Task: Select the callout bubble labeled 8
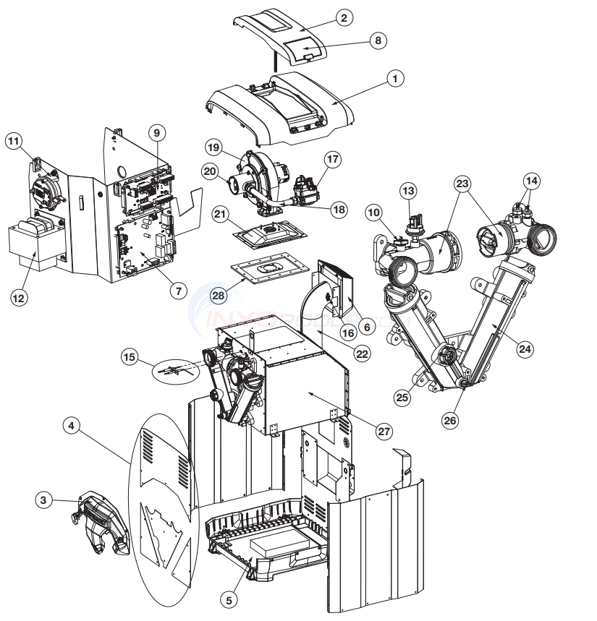click(377, 40)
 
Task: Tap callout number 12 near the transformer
click(20, 297)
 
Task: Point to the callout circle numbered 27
click(384, 431)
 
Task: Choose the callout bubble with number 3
click(44, 499)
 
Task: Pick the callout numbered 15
click(130, 356)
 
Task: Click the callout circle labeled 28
click(215, 296)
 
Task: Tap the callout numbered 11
click(14, 141)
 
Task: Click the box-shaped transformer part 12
click(33, 246)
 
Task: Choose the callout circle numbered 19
click(213, 147)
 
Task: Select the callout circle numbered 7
click(178, 291)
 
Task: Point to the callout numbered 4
click(70, 426)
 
